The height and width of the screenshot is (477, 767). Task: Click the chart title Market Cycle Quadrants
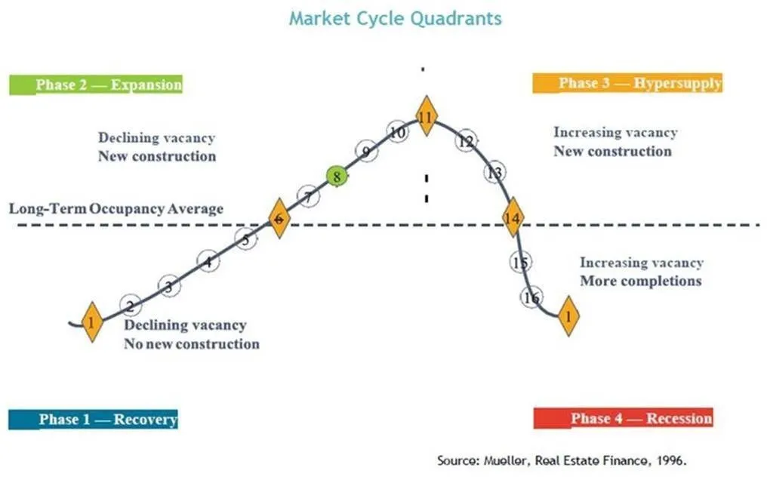coord(395,19)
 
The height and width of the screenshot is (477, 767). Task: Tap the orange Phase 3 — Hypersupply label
coord(627,83)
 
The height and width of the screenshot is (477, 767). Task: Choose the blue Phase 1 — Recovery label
coord(94,419)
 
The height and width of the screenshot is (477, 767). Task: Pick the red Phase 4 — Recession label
coord(623,418)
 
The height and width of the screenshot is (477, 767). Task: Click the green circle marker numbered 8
coord(337,177)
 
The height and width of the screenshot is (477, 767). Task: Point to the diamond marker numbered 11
coord(427,117)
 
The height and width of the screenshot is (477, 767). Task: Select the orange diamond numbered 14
coord(513,218)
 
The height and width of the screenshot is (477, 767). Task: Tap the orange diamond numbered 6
coord(279,219)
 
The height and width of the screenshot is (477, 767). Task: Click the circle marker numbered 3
coord(169,286)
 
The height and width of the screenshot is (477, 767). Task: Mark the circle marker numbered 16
coord(531,297)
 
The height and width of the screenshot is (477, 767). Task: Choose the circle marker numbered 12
coord(467,142)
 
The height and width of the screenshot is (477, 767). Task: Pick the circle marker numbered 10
coord(398,132)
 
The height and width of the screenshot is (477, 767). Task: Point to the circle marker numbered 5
coord(245,240)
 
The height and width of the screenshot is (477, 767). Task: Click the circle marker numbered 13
coord(494,173)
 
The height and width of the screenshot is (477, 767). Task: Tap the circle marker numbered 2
coord(130,306)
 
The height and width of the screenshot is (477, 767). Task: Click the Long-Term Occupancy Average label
coord(116,208)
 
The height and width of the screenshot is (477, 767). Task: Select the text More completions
coord(640,281)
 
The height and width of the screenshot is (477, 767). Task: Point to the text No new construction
coord(192,344)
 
